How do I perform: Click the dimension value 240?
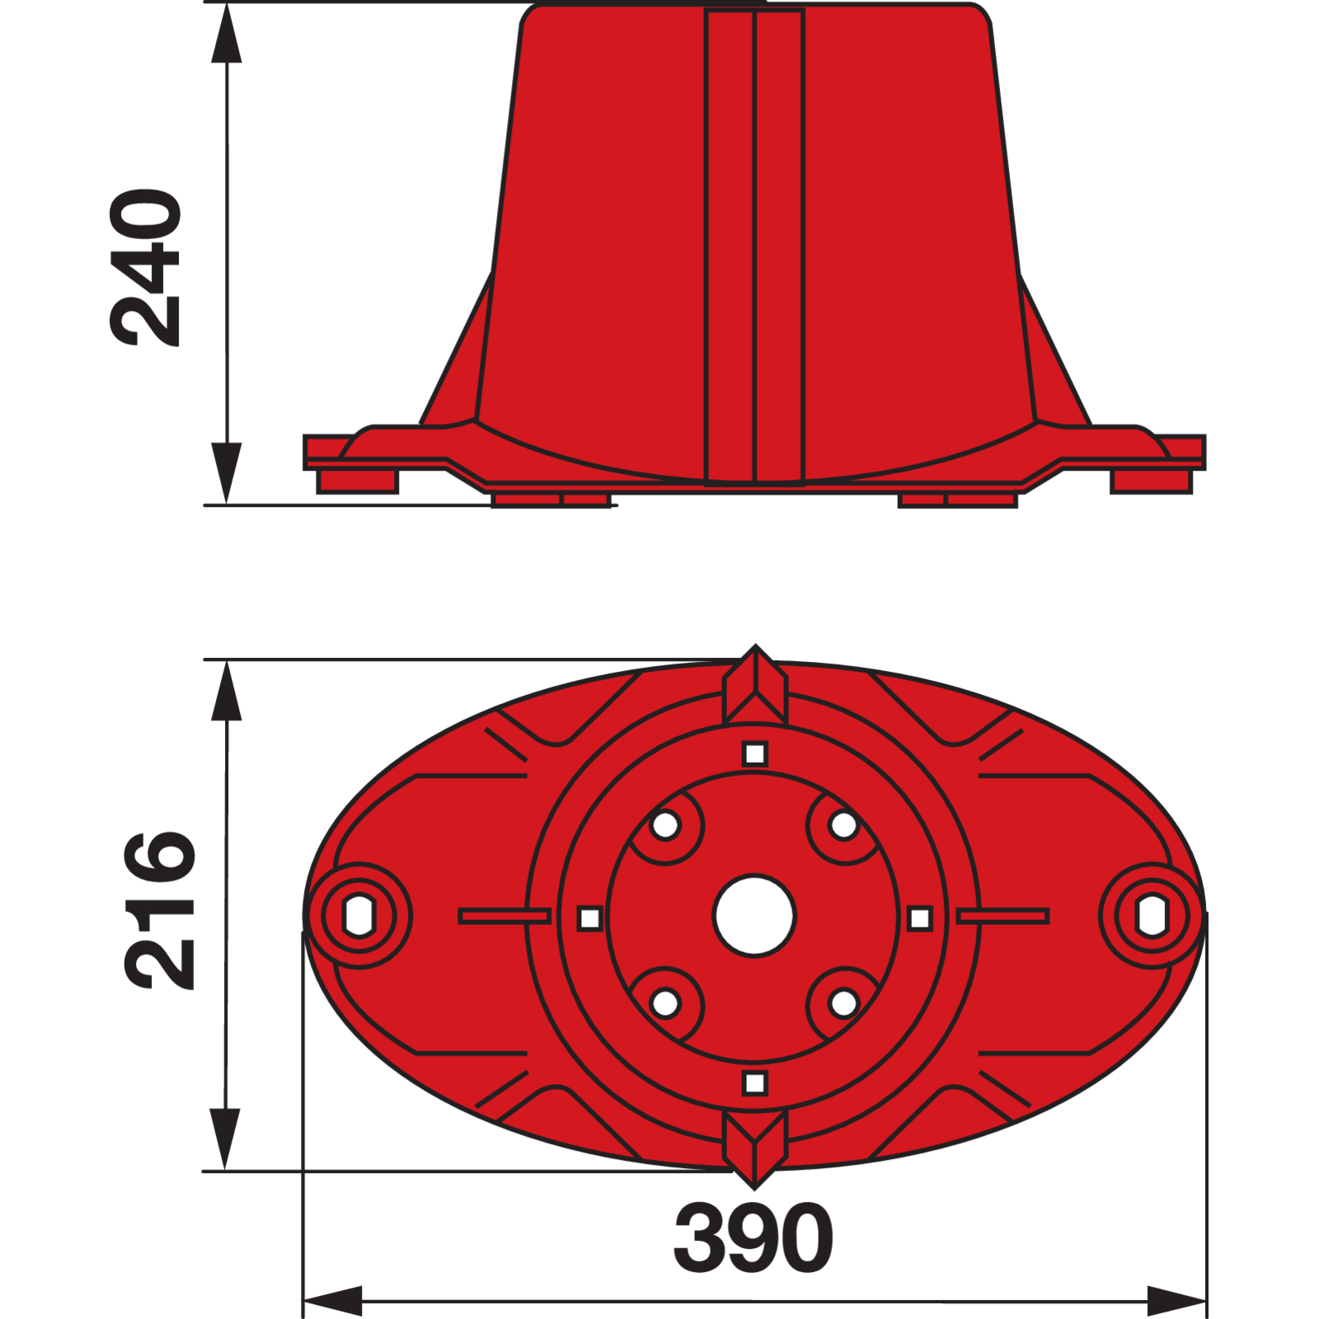coord(145,267)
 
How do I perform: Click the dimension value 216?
coord(159,910)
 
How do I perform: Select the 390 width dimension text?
coord(753,1237)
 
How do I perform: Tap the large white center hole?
coord(754,916)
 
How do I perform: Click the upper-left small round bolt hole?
coord(665,825)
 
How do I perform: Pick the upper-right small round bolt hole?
coord(843,825)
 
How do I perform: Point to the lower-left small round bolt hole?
coord(665,1004)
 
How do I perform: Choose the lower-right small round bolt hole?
coord(843,1004)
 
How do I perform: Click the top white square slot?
coord(755,754)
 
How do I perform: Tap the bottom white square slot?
coord(755,1083)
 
